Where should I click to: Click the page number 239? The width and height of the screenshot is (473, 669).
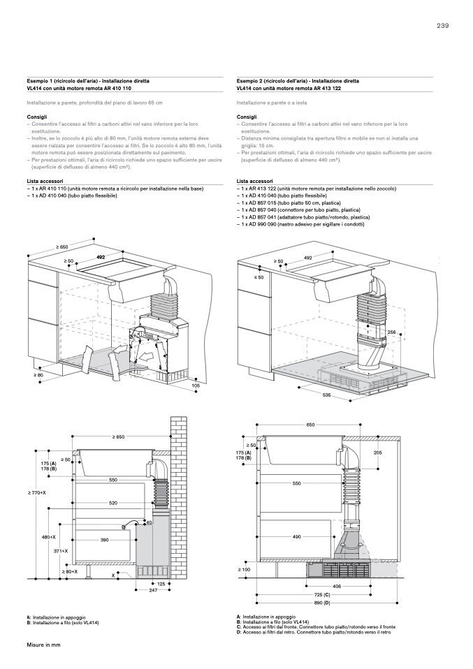point(442,26)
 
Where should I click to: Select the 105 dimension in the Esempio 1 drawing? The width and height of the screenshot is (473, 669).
point(196,385)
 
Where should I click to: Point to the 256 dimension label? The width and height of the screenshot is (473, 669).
point(391,332)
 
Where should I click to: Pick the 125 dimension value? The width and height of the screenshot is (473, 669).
point(161,583)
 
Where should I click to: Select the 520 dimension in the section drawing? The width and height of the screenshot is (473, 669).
point(112,503)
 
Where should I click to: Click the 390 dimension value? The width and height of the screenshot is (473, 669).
point(105,540)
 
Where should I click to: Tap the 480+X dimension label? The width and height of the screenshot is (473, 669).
point(48,538)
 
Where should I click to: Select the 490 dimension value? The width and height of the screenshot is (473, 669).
point(296,536)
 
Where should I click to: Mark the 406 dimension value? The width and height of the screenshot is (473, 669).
point(337,587)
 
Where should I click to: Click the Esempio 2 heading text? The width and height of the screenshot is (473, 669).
point(298,81)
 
